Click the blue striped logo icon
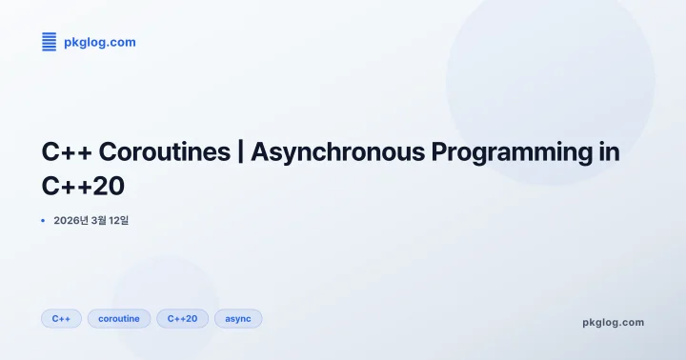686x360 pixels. pyautogui.click(x=50, y=41)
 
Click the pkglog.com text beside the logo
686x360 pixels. pyautogui.click(x=100, y=42)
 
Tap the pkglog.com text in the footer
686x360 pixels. pyautogui.click(x=613, y=322)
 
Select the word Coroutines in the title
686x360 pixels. pyautogui.click(x=164, y=152)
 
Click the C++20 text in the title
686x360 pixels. pyautogui.click(x=84, y=185)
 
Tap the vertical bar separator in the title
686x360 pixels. pyautogui.click(x=240, y=152)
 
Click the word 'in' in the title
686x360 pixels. pyautogui.click(x=608, y=152)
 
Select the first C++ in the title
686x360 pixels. pyautogui.click(x=67, y=152)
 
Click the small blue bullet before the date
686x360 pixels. pyautogui.click(x=43, y=221)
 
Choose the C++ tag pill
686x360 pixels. pyautogui.click(x=61, y=318)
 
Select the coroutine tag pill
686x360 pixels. pyautogui.click(x=119, y=318)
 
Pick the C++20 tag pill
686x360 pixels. pyautogui.click(x=182, y=318)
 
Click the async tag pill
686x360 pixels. pyautogui.click(x=238, y=318)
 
